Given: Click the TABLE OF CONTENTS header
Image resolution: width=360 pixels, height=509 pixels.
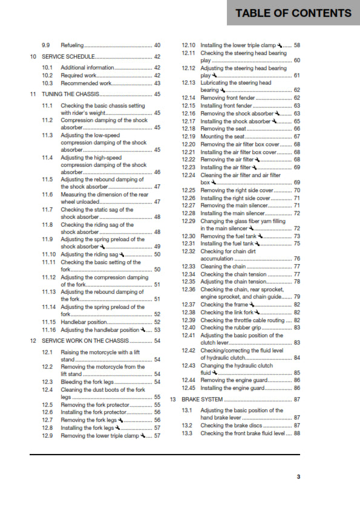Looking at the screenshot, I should [x=293, y=13].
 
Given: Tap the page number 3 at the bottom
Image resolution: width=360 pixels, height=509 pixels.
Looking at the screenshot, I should [x=298, y=477].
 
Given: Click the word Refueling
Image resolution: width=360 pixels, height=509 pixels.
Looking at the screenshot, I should [x=72, y=45].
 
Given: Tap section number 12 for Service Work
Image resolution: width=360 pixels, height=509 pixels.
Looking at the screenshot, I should [x=33, y=341].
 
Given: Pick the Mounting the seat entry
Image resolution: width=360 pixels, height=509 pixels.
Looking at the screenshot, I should [x=223, y=137].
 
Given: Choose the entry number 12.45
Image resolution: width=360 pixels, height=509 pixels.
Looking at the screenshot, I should [x=189, y=389].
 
